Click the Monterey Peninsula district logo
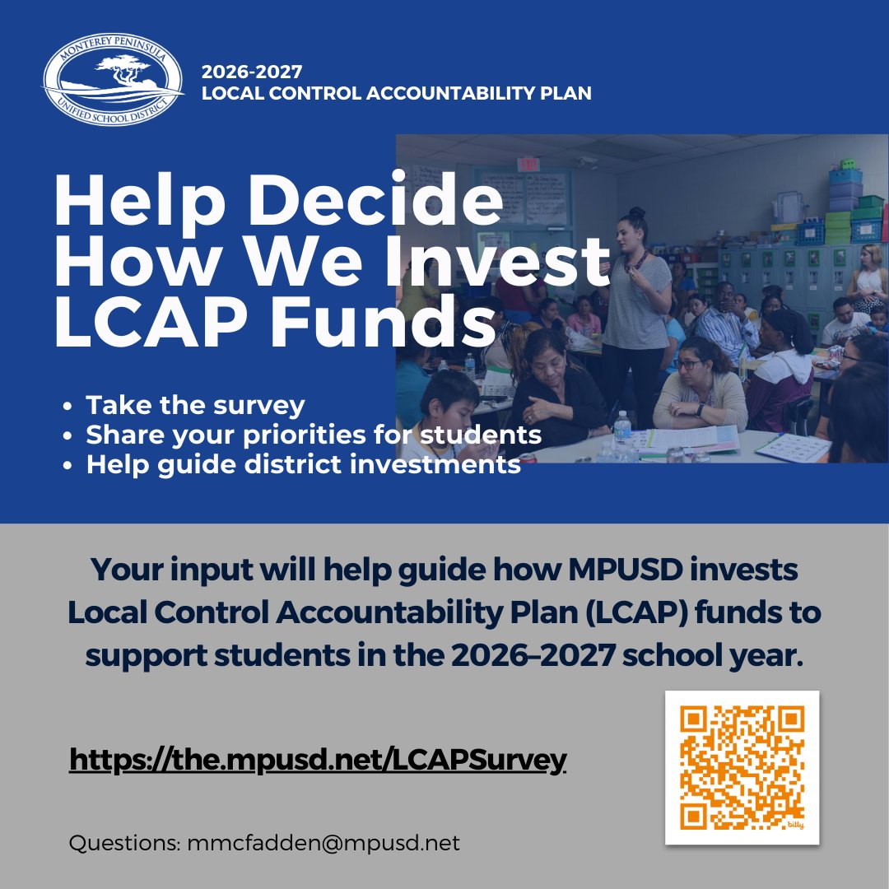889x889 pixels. (114, 79)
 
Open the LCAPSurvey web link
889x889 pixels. (318, 760)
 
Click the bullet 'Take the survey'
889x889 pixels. (195, 406)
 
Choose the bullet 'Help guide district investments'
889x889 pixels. (303, 464)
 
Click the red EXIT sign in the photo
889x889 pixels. (528, 164)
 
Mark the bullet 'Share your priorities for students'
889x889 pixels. (314, 435)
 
